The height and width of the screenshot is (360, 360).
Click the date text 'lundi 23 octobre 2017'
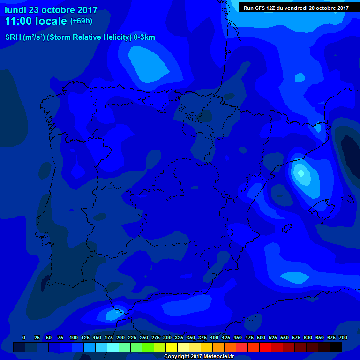tap(51, 10)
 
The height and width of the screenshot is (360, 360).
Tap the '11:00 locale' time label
tap(36, 21)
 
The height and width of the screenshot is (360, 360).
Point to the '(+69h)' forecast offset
tap(82, 21)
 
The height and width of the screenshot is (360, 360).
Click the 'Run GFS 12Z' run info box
tap(296, 7)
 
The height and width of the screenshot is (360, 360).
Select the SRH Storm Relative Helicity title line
tap(80, 37)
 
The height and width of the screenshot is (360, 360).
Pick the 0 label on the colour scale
tap(24, 337)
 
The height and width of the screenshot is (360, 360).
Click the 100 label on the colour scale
tap(74, 337)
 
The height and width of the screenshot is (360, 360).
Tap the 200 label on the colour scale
tap(120, 337)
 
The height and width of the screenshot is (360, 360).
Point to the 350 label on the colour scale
tap(191, 337)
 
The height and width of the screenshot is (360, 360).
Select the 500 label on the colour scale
tap(261, 337)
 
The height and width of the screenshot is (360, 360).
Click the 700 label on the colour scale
tap(343, 337)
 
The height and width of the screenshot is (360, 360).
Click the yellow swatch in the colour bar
tap(172, 347)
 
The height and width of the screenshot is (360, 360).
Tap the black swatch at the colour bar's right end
tap(336, 347)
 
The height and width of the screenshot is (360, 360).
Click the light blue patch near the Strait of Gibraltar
tap(113, 314)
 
